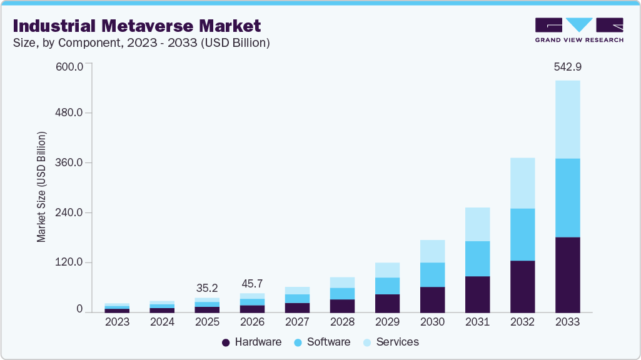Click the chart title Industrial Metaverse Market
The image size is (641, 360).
(137, 26)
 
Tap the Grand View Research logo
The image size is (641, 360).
(579, 30)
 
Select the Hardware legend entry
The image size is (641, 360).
(251, 342)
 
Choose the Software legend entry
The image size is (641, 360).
(321, 342)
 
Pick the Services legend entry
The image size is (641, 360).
(390, 342)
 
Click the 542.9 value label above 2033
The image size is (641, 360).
(568, 67)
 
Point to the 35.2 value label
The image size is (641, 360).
(207, 288)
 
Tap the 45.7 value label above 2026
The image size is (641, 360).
(252, 284)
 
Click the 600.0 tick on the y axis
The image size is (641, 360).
(70, 67)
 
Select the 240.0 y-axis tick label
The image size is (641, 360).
(70, 212)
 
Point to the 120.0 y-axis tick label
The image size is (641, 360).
(70, 262)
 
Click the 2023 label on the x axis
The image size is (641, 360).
(117, 322)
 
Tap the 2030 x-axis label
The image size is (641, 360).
(432, 322)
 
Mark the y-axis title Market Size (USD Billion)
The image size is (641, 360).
(42, 187)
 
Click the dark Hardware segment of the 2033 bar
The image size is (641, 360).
(567, 275)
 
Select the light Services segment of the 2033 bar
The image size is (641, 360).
(567, 119)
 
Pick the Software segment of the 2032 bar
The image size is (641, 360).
(522, 234)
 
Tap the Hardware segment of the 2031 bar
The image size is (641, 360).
(477, 294)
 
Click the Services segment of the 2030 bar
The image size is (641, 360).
(432, 251)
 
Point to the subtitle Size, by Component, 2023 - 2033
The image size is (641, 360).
(141, 42)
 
